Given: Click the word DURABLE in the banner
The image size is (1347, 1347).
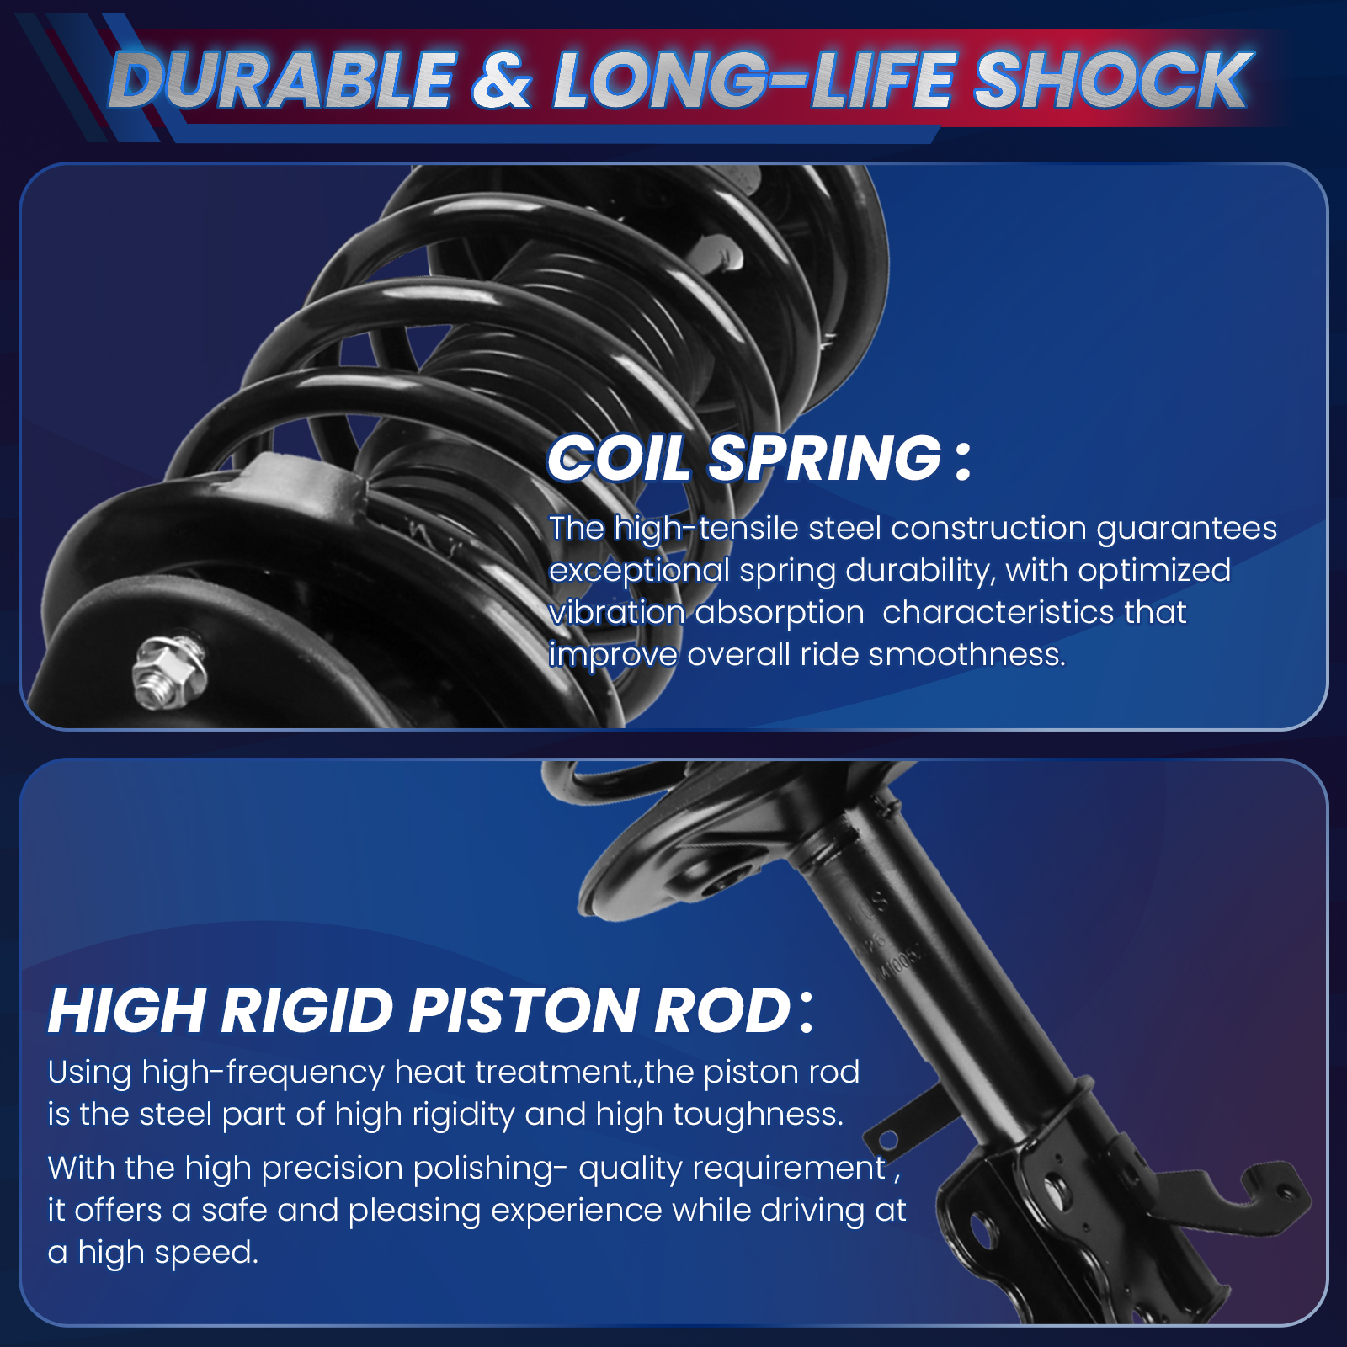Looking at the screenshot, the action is [283, 80].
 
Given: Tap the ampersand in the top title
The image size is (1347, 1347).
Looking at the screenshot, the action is [502, 80].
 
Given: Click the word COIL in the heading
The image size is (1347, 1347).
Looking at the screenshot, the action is [619, 459].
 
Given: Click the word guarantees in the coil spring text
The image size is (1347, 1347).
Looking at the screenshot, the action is [1186, 530].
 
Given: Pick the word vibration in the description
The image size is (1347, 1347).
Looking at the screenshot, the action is [617, 612].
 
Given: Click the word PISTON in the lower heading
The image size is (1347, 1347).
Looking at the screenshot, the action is [524, 1010].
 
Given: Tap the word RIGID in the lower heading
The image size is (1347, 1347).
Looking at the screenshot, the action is [308, 1010].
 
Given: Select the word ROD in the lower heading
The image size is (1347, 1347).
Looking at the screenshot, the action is [722, 1010].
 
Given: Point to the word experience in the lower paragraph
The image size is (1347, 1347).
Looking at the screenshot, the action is [577, 1211].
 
